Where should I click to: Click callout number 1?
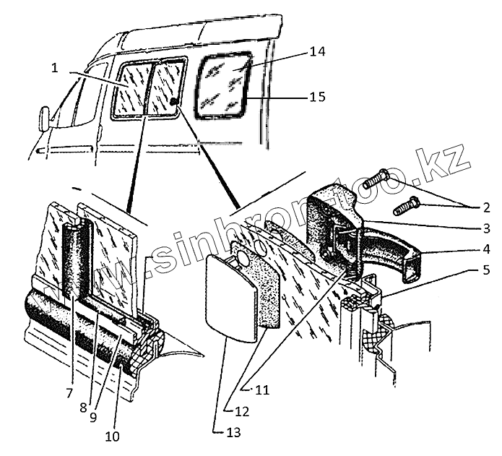(55, 69)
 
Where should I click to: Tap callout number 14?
(317, 51)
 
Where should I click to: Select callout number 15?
(317, 97)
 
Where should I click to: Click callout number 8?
(83, 406)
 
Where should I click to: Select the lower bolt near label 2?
(407, 206)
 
